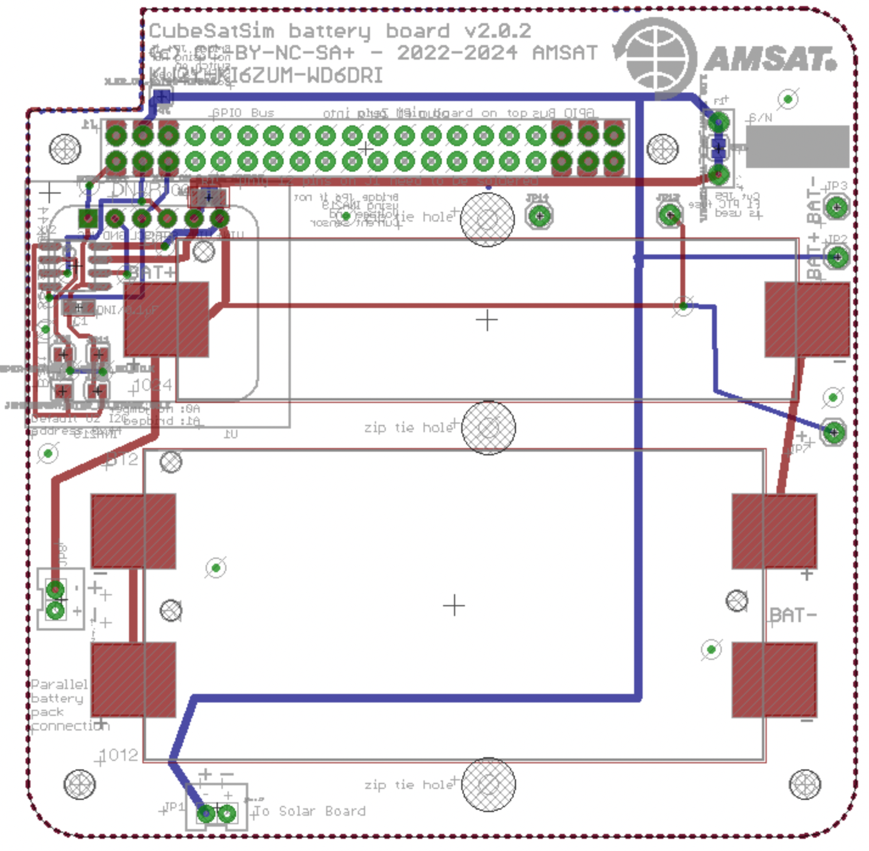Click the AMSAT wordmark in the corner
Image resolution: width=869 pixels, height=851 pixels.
pyautogui.click(x=769, y=59)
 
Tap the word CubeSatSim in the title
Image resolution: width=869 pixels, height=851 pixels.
pyautogui.click(x=212, y=30)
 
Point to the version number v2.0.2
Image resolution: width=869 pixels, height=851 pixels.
pyautogui.click(x=498, y=30)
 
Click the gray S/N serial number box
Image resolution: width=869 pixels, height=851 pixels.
pyautogui.click(x=797, y=146)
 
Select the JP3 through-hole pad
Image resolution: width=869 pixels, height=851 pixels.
pyautogui.click(x=836, y=207)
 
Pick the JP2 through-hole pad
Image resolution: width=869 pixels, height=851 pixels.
pyautogui.click(x=837, y=257)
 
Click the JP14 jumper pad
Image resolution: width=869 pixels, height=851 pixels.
pyautogui.click(x=539, y=215)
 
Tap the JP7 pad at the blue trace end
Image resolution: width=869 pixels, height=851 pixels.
pyautogui.click(x=833, y=432)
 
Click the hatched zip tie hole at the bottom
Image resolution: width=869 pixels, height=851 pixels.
pyautogui.click(x=488, y=784)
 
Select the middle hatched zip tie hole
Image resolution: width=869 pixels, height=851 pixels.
pyautogui.click(x=488, y=427)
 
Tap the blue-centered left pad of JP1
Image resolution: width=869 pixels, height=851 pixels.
pyautogui.click(x=206, y=813)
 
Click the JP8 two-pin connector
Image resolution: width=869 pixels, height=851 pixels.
pyautogui.click(x=56, y=600)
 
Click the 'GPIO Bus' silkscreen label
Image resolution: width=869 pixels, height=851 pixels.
pyautogui.click(x=243, y=113)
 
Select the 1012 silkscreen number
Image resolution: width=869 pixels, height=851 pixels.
pyautogui.click(x=119, y=755)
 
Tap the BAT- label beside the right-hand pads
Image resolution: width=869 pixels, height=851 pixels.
pyautogui.click(x=793, y=615)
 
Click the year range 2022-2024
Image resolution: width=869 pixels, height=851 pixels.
pyautogui.click(x=457, y=53)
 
